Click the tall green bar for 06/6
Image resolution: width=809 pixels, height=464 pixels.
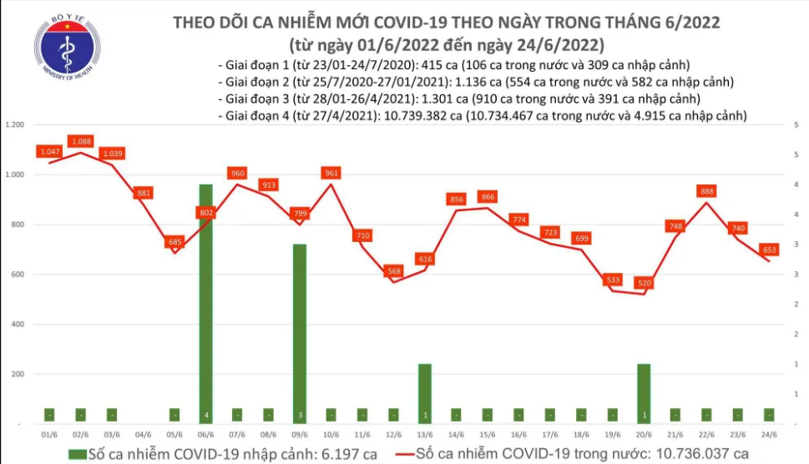pyautogui.click(x=205, y=300)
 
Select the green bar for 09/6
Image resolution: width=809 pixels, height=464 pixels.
pyautogui.click(x=299, y=334)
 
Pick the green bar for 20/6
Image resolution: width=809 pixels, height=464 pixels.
pyautogui.click(x=644, y=392)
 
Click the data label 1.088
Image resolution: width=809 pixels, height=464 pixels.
pyautogui.click(x=81, y=141)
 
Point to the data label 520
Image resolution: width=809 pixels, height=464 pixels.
pyautogui.click(x=644, y=283)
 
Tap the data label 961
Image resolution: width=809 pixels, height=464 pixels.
pyautogui.click(x=331, y=173)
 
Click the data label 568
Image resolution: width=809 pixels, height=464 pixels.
pyautogui.click(x=393, y=271)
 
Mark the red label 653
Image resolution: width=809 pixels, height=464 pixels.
pyautogui.click(x=769, y=250)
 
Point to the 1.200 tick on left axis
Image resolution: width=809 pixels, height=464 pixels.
pyautogui.click(x=13, y=125)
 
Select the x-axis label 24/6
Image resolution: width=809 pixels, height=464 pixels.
pyautogui.click(x=769, y=435)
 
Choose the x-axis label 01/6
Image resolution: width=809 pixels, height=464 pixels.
pyautogui.click(x=49, y=435)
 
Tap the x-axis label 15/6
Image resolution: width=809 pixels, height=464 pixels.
pyautogui.click(x=487, y=435)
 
